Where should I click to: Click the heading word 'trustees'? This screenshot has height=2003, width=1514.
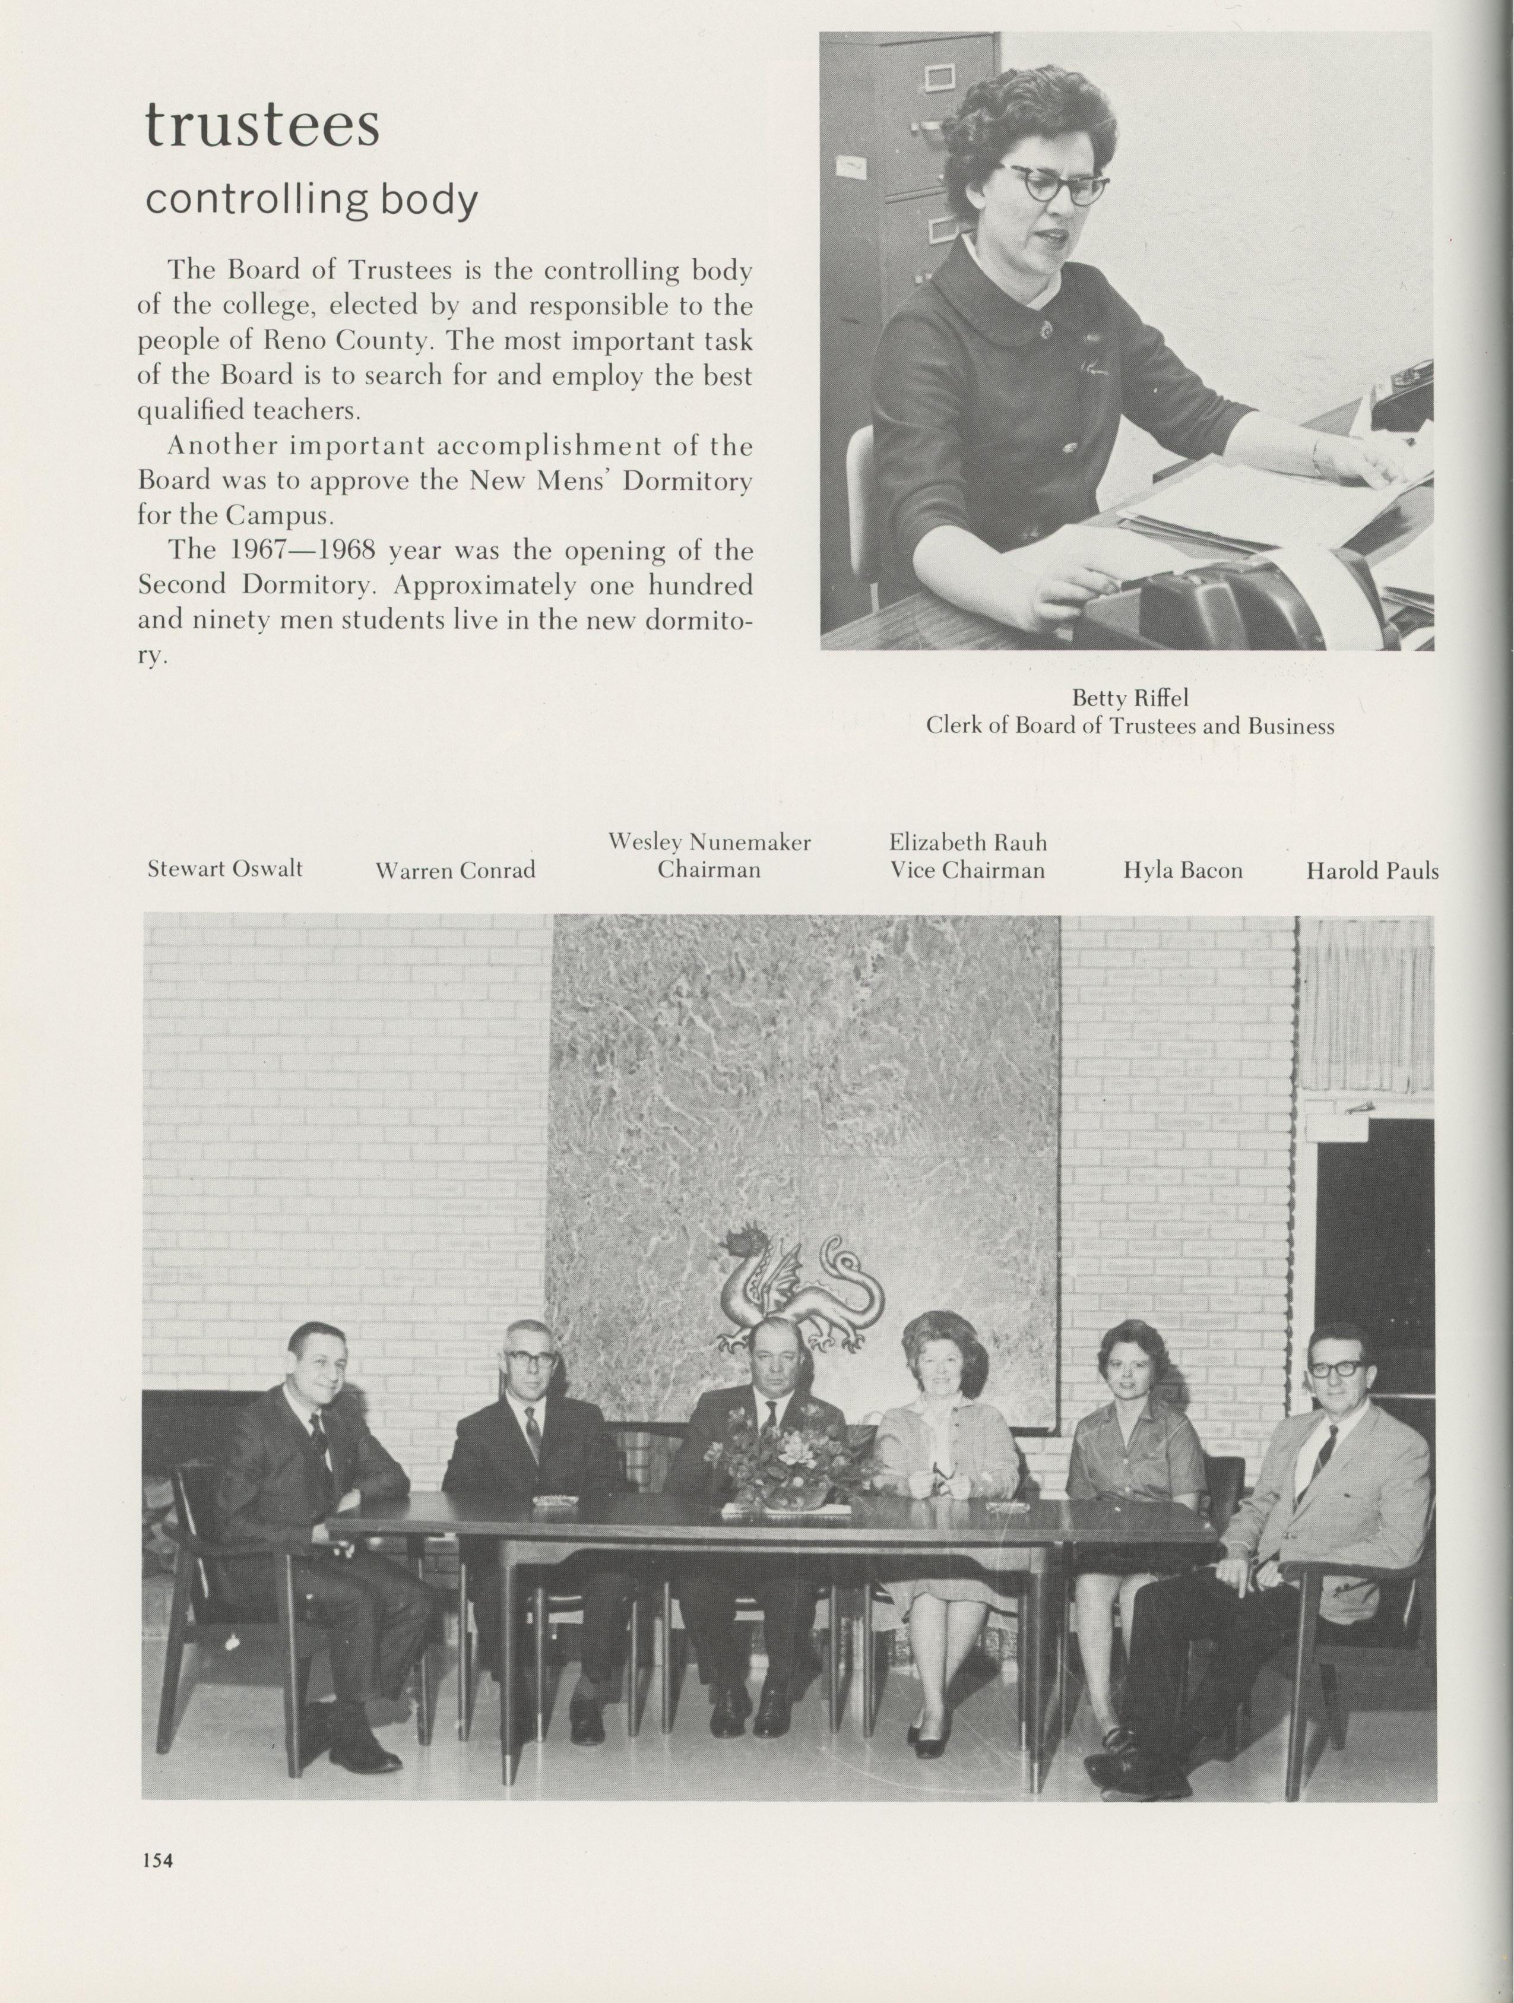pos(262,126)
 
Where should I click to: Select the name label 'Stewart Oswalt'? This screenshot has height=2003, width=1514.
pos(224,869)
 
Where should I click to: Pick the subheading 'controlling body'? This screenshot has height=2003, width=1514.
pos(311,200)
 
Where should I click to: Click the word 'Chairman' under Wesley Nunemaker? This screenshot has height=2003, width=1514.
pos(708,870)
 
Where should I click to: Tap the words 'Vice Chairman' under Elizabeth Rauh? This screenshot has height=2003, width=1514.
pos(967,870)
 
